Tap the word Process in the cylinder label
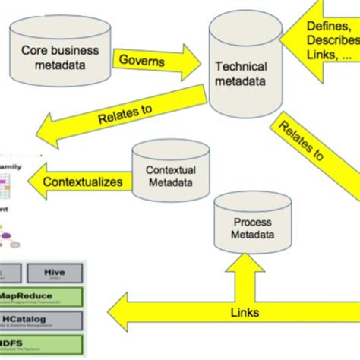253,223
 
